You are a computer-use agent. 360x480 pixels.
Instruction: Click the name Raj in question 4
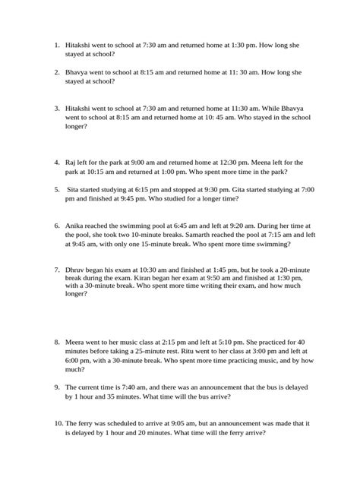tap(71, 162)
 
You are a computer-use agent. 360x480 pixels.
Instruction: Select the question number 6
tap(57, 225)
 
